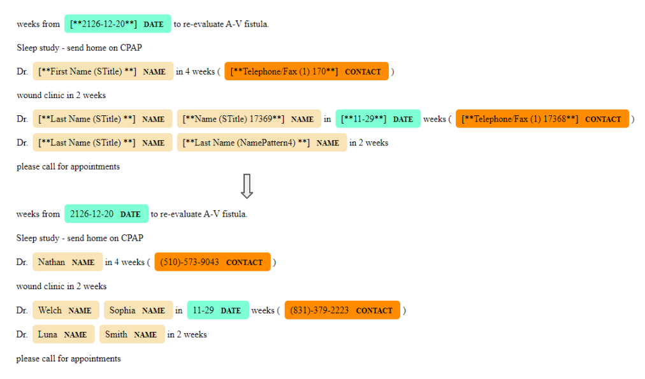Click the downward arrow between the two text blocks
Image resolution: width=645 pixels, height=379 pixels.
tap(247, 185)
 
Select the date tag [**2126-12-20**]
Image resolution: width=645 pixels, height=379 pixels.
tap(117, 24)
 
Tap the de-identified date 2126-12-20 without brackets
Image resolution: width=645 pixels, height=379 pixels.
tap(106, 214)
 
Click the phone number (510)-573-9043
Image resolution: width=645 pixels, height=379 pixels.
tap(212, 262)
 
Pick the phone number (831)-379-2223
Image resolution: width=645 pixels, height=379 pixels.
tap(342, 310)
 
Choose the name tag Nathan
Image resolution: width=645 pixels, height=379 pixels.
tap(67, 262)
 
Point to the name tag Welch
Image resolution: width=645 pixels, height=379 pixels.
tap(66, 310)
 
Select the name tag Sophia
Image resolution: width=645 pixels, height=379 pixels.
tap(138, 310)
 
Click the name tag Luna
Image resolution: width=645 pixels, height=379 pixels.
tap(62, 334)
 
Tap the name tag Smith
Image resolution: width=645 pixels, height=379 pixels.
tap(131, 334)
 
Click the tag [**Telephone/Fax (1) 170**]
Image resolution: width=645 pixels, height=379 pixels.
tap(306, 71)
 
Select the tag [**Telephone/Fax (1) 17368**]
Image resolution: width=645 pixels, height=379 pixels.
tap(542, 119)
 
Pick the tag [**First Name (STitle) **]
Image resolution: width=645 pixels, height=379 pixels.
tap(103, 71)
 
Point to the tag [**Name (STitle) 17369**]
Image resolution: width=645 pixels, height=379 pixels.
tap(248, 119)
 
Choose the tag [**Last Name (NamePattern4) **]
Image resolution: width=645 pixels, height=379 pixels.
tap(261, 143)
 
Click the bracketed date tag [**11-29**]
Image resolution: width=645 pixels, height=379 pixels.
tap(377, 119)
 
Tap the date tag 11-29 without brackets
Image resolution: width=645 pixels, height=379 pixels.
tap(217, 310)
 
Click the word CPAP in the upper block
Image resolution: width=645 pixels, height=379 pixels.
tap(131, 48)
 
